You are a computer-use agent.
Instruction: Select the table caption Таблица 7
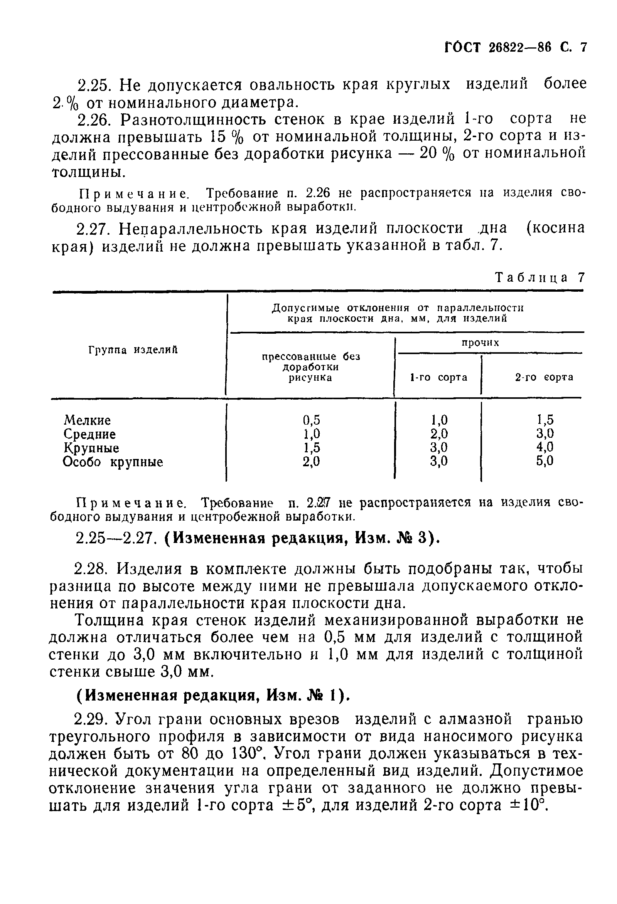pyautogui.click(x=539, y=277)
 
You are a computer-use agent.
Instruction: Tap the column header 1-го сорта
pyautogui.click(x=438, y=377)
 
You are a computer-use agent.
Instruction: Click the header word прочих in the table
pyautogui.click(x=480, y=343)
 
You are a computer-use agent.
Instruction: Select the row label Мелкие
pyautogui.click(x=87, y=420)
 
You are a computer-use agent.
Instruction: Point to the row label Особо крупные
pyautogui.click(x=113, y=462)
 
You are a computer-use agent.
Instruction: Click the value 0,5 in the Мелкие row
pyautogui.click(x=311, y=420)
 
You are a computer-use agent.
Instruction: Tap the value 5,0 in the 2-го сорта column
pyautogui.click(x=545, y=461)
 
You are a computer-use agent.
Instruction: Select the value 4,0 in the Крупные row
pyautogui.click(x=545, y=447)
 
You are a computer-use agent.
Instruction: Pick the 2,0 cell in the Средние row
pyautogui.click(x=439, y=434)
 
